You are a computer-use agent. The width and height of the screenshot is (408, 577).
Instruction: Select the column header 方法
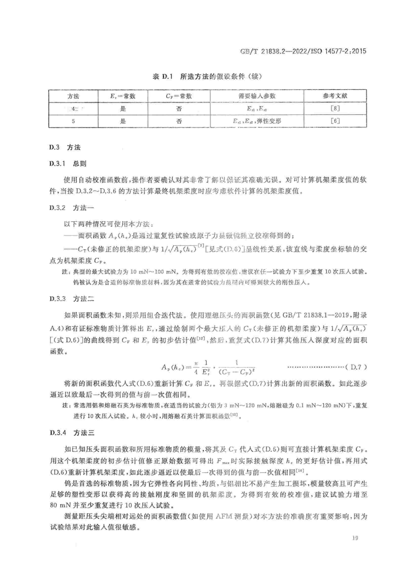[73, 96]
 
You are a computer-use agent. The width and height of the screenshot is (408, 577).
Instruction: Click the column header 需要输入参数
[257, 96]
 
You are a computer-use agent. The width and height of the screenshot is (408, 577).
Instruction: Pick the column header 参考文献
[335, 96]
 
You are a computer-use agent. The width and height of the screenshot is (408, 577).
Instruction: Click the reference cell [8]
[335, 109]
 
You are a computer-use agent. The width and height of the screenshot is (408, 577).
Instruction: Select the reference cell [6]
[335, 121]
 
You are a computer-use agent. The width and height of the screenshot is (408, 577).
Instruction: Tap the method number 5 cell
[73, 121]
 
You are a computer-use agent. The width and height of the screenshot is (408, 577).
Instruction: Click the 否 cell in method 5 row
[179, 121]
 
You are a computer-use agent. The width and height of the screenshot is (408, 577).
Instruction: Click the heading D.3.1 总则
[68, 164]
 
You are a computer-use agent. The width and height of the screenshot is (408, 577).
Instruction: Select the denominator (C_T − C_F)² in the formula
[237, 372]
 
